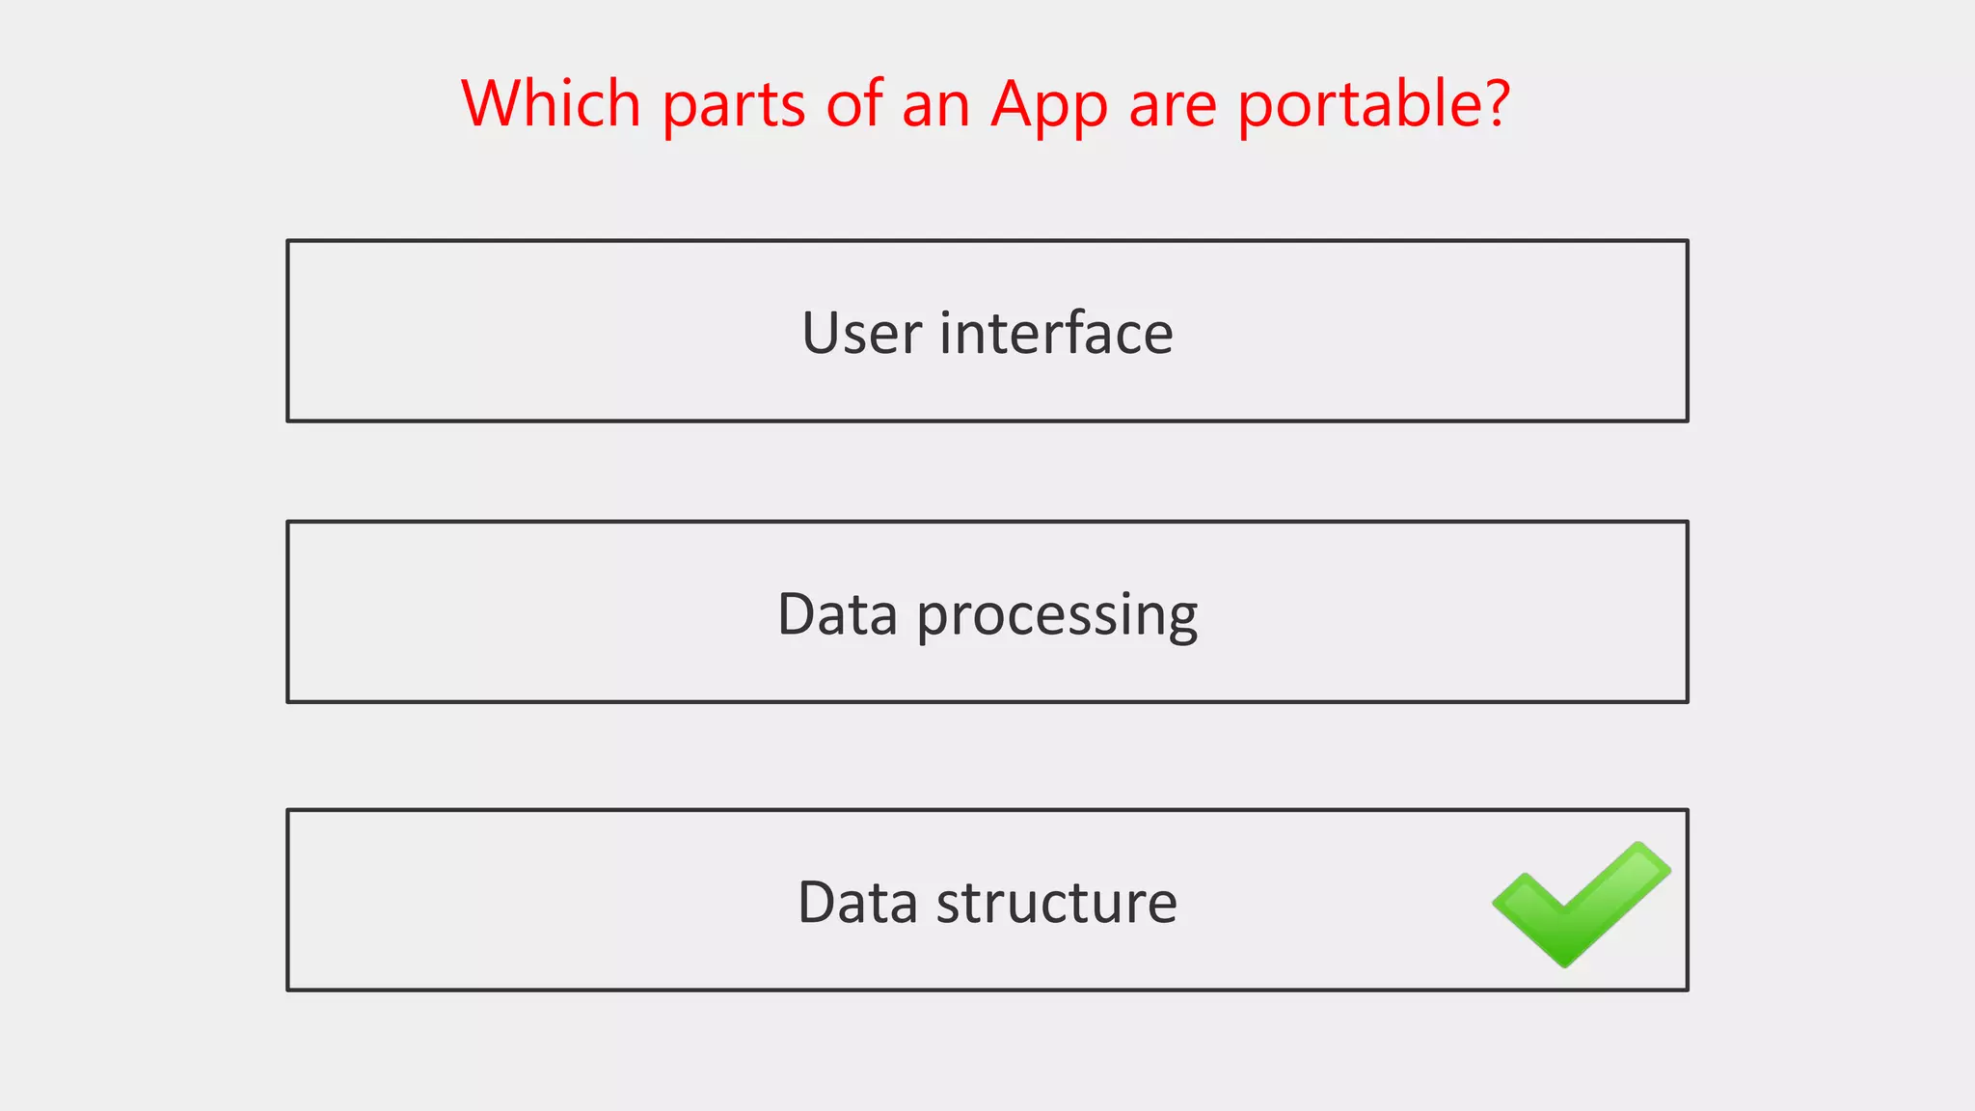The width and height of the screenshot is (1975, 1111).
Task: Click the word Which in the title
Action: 551,103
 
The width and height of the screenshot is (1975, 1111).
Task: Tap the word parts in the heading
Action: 733,106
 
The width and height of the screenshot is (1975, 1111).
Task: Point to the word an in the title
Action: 935,106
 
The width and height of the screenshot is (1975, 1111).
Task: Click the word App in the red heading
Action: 1049,106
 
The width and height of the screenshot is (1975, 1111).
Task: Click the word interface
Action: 1056,333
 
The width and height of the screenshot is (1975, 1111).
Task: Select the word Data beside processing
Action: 837,614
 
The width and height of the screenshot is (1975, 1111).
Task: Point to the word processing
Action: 1057,617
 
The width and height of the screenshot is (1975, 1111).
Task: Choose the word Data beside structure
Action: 857,903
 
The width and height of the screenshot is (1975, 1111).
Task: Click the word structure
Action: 1056,904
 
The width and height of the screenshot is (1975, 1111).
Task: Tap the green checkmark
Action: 1580,903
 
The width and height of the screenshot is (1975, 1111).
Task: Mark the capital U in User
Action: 822,334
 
